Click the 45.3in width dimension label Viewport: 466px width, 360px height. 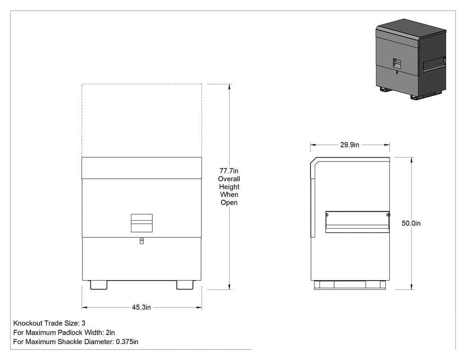[142, 307]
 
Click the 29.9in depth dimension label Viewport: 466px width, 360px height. [350, 145]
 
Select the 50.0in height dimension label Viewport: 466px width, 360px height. [411, 223]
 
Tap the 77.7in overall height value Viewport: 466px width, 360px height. [229, 171]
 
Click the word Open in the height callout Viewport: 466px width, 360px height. [229, 202]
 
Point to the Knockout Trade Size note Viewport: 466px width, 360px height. [49, 323]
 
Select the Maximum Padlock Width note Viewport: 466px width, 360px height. [64, 332]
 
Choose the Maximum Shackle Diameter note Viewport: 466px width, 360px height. [76, 341]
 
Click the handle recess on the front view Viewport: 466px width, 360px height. [142, 223]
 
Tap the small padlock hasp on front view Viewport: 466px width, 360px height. [142, 241]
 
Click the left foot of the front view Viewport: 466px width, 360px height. [99, 285]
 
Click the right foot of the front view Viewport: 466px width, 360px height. [185, 285]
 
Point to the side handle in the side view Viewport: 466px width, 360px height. [358, 222]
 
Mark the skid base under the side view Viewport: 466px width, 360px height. [350, 285]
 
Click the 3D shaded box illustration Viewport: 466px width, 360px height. [411, 59]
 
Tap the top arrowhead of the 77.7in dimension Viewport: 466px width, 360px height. [229, 87]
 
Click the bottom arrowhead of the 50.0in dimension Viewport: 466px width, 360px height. [411, 287]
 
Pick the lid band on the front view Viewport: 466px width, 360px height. [142, 168]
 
